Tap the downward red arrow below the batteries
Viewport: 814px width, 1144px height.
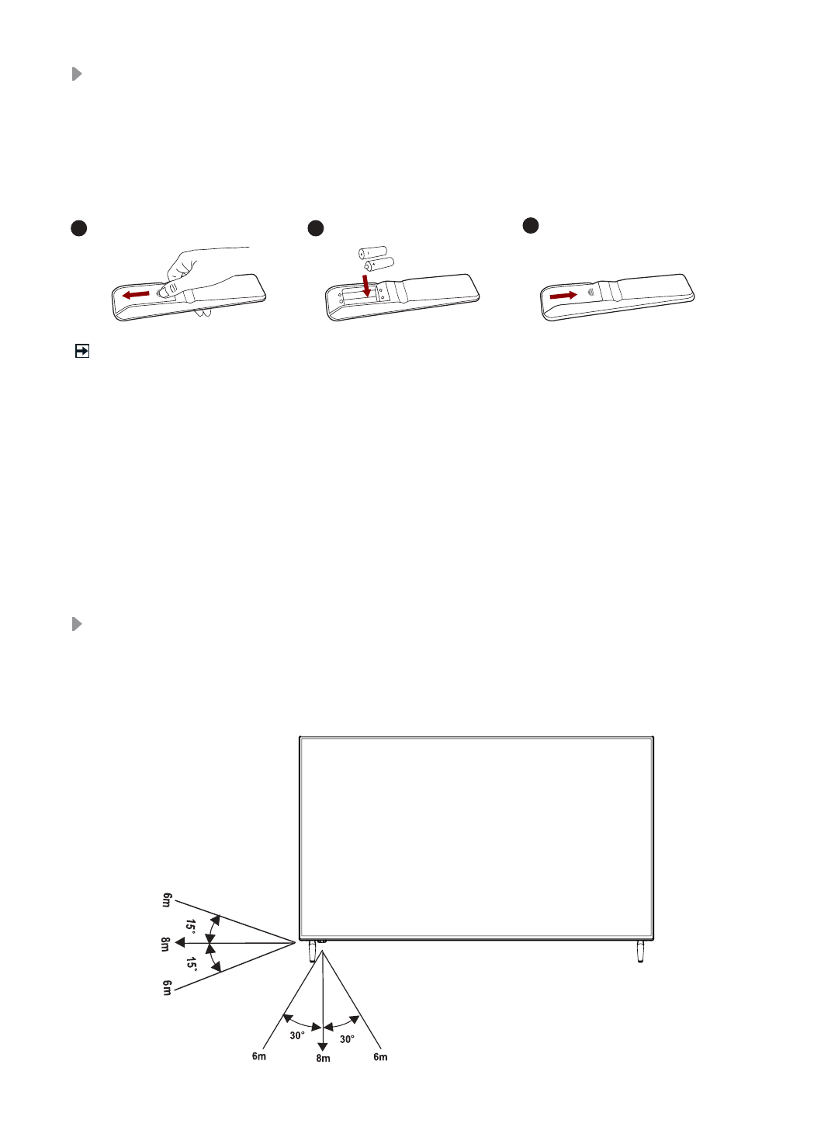pos(365,285)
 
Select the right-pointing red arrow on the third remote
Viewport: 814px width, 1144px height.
pos(563,296)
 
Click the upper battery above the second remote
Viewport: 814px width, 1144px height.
pos(372,252)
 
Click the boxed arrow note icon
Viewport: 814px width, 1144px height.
pos(81,352)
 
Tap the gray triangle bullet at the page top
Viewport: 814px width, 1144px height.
pos(77,74)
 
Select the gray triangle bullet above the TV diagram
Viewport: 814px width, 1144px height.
pos(77,624)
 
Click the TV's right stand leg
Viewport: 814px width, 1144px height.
pos(640,951)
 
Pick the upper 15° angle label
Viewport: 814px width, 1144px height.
pos(191,925)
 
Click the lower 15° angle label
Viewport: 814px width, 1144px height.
pos(191,963)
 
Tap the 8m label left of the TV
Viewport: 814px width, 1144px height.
pos(165,944)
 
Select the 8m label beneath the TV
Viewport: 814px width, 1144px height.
pos(323,1058)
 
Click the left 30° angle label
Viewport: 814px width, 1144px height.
pos(297,1035)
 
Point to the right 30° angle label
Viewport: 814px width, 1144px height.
pos(347,1038)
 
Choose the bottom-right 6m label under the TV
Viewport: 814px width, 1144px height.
pos(380,1056)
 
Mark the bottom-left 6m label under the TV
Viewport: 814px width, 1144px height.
pos(259,1056)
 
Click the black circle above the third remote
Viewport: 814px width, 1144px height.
pos(530,225)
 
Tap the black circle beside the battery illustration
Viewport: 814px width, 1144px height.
pos(315,228)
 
